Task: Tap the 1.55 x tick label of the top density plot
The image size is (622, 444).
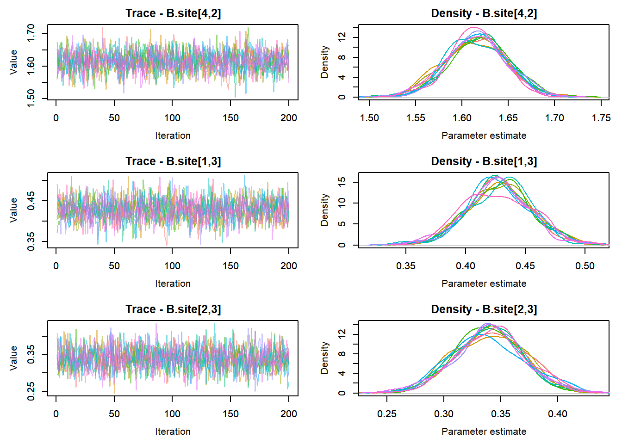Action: (x=416, y=118)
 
